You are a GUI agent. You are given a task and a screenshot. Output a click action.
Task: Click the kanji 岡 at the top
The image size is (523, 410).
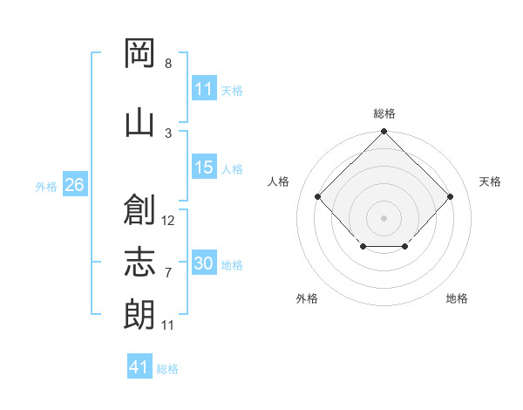[139, 53]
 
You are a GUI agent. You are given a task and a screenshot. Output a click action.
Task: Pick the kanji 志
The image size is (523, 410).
[139, 263]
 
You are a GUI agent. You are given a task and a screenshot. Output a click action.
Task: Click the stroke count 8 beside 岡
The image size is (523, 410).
[168, 64]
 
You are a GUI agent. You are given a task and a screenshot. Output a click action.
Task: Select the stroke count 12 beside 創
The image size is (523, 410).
[168, 221]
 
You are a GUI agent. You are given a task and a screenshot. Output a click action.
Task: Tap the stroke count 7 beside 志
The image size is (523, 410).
[168, 273]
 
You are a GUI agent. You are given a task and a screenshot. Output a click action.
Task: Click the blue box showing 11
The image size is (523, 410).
[204, 89]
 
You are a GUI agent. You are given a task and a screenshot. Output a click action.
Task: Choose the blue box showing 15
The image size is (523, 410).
[204, 168]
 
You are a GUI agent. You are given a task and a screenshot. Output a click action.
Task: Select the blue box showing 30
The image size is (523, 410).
[204, 263]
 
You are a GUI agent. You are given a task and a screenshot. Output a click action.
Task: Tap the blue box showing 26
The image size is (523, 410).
[74, 185]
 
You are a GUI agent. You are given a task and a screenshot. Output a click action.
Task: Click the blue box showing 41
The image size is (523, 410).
[139, 367]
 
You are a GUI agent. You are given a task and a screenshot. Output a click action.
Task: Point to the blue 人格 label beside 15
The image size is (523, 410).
[232, 169]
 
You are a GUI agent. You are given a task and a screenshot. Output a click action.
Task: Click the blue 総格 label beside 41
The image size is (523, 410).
[167, 369]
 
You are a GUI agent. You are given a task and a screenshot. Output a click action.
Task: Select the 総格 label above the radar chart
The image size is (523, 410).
[384, 113]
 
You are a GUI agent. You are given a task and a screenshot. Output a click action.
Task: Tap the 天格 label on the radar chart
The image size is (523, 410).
[490, 181]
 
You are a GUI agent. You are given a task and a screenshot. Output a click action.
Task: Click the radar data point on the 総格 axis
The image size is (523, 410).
[384, 133]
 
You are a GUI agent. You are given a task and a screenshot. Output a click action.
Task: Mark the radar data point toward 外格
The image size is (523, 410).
[363, 248]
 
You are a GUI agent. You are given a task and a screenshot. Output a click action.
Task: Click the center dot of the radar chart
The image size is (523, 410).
[384, 217]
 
